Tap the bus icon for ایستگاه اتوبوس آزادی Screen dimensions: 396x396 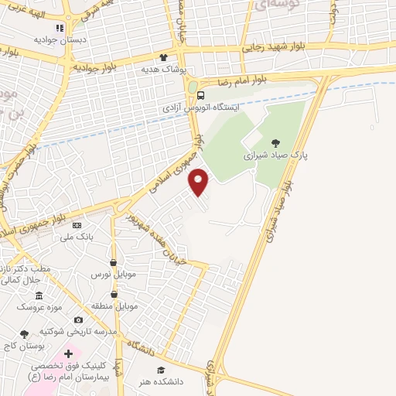click(x=201, y=95)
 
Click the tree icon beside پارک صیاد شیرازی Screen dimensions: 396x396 click(x=276, y=142)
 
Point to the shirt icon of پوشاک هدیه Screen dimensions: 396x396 click(x=163, y=57)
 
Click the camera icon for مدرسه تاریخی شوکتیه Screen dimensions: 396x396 click(x=78, y=319)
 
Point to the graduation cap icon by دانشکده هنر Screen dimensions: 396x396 click(x=161, y=370)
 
